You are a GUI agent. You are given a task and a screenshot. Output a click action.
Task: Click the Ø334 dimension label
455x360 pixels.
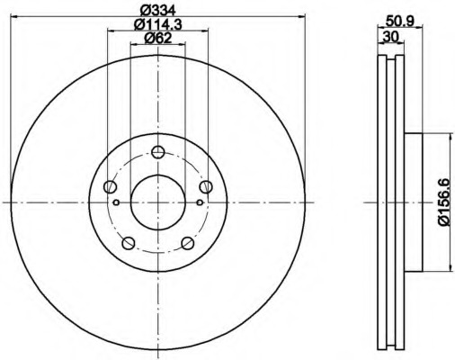(x=158, y=11)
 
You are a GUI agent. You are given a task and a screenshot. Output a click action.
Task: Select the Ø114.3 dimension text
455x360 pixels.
(x=158, y=24)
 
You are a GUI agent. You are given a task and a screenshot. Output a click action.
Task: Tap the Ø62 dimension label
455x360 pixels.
(x=158, y=38)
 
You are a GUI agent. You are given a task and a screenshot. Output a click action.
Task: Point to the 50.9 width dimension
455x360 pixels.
(x=400, y=21)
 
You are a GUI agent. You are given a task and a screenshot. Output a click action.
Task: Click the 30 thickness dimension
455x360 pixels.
(x=391, y=37)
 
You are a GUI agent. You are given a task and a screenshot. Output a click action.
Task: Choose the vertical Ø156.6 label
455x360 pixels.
(x=444, y=202)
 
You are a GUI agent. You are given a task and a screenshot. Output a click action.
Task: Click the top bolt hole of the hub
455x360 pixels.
(x=157, y=152)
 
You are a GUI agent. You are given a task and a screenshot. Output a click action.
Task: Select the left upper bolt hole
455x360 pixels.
(x=110, y=186)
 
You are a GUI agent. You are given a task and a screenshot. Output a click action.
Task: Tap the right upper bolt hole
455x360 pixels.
(x=206, y=186)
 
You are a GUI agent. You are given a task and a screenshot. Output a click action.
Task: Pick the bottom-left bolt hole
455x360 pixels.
(x=129, y=243)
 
